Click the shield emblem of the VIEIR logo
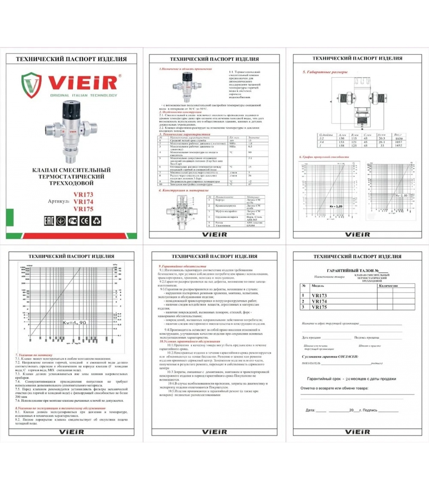[x=31, y=85]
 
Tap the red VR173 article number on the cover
[x=83, y=194]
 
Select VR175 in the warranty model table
[x=319, y=307]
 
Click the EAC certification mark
[x=49, y=221]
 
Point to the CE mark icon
[x=84, y=221]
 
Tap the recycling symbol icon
[x=96, y=221]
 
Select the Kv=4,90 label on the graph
[x=74, y=322]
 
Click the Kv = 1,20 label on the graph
[x=336, y=206]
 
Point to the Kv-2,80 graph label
[x=402, y=195]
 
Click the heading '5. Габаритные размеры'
[x=325, y=72]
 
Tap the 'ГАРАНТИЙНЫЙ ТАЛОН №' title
[x=357, y=270]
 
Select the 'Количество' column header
[x=388, y=286]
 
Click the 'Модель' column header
[x=318, y=286]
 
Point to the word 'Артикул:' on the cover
[x=59, y=202]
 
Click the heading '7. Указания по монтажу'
[x=34, y=355]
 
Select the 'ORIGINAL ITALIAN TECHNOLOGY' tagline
[x=84, y=95]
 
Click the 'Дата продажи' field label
[x=311, y=337]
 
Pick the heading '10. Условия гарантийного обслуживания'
[x=190, y=341]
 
